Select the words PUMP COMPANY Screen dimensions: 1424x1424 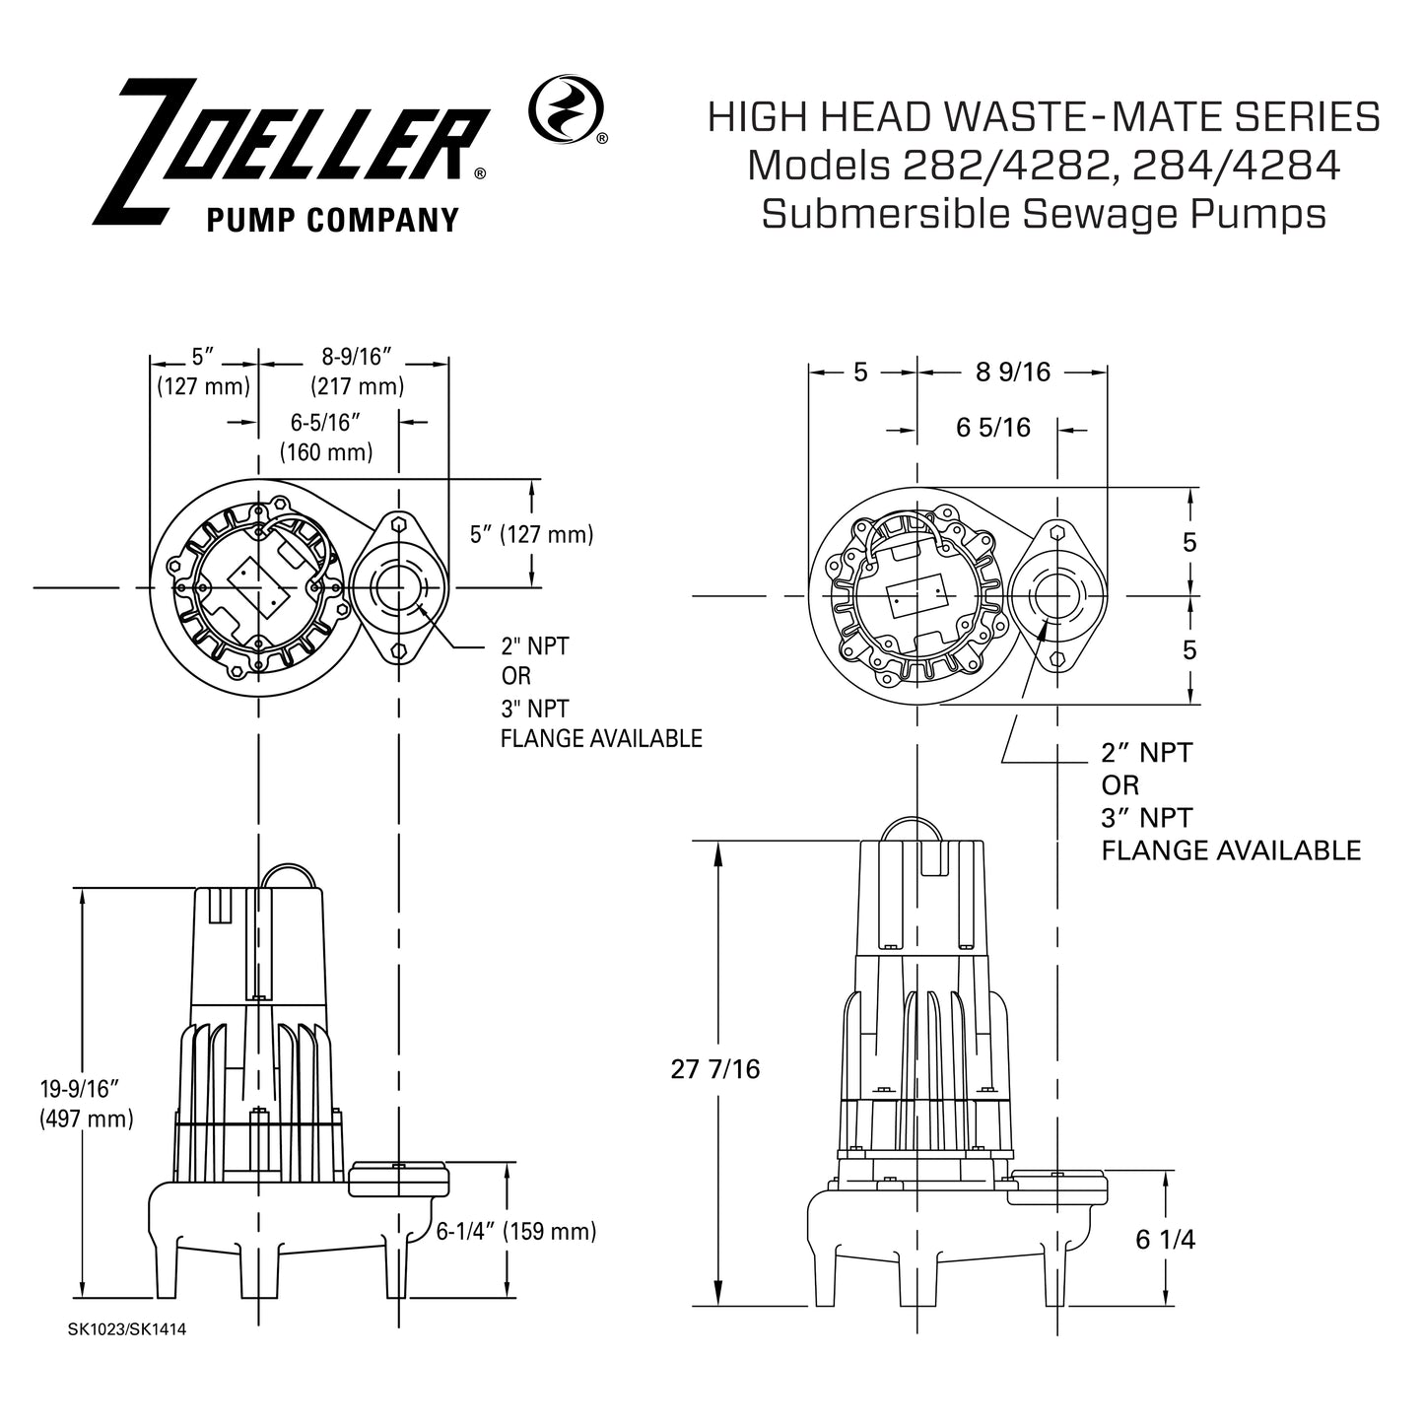click(x=332, y=220)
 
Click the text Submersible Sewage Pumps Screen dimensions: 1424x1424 click(x=1043, y=213)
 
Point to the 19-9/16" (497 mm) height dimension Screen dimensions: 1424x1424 click(x=86, y=1104)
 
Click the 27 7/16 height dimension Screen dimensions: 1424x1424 click(x=715, y=1069)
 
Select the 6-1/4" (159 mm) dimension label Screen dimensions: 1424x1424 click(x=516, y=1231)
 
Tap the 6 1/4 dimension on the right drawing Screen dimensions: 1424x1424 click(x=1166, y=1240)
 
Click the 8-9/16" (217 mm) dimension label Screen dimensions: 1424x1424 click(x=357, y=372)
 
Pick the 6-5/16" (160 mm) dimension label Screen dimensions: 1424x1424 click(x=326, y=438)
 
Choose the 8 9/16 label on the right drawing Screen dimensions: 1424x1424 click(x=1013, y=372)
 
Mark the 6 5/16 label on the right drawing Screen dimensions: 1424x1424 click(x=993, y=428)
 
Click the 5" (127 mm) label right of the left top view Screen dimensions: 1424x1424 click(x=532, y=534)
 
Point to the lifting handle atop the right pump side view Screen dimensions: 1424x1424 click(x=915, y=826)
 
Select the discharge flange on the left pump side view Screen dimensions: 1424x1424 click(x=399, y=1178)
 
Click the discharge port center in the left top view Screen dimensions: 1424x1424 click(x=398, y=587)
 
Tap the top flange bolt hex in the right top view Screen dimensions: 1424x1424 click(x=1057, y=532)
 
